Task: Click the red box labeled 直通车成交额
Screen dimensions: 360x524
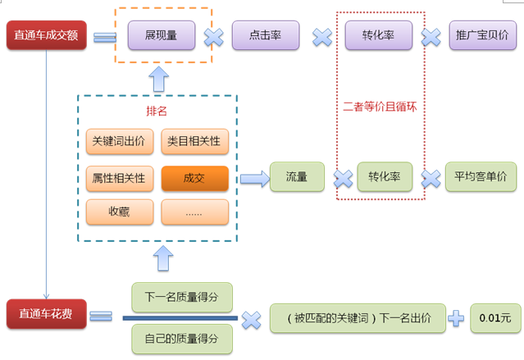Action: tap(46, 37)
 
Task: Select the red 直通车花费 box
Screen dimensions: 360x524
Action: tap(46, 314)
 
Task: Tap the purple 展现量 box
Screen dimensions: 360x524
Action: tap(162, 36)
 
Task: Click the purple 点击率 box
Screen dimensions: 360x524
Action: tap(265, 36)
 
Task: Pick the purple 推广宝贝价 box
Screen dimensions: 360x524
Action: tap(484, 36)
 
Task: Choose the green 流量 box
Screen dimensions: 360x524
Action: tap(296, 177)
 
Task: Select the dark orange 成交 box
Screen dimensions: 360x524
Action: tap(194, 178)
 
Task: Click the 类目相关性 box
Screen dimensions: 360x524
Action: tap(194, 141)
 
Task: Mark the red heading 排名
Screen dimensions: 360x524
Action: tap(156, 111)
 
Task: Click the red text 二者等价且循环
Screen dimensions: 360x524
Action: tap(380, 107)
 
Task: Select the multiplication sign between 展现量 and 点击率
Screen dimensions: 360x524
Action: tap(213, 37)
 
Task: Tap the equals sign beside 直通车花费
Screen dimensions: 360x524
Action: tap(101, 315)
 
